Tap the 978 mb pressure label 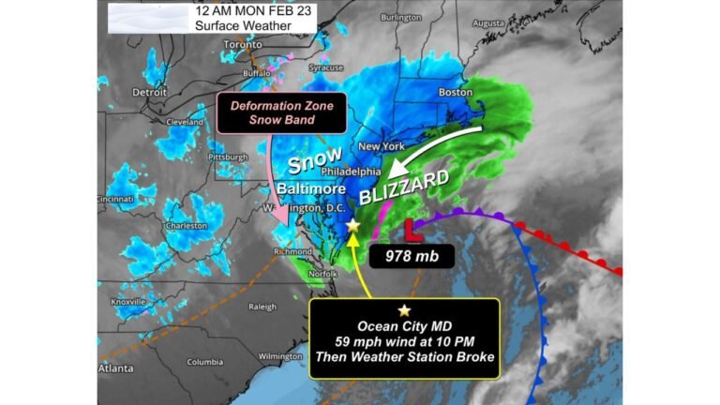tap(411, 255)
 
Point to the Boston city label tap(456, 92)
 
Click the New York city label tap(381, 147)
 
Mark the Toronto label tap(243, 44)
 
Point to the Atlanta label tap(116, 368)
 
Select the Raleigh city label tap(262, 307)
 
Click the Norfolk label tap(323, 273)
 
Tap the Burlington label tap(400, 17)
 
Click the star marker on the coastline tap(352, 226)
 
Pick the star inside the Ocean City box tap(404, 310)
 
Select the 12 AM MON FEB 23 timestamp tap(254, 11)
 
